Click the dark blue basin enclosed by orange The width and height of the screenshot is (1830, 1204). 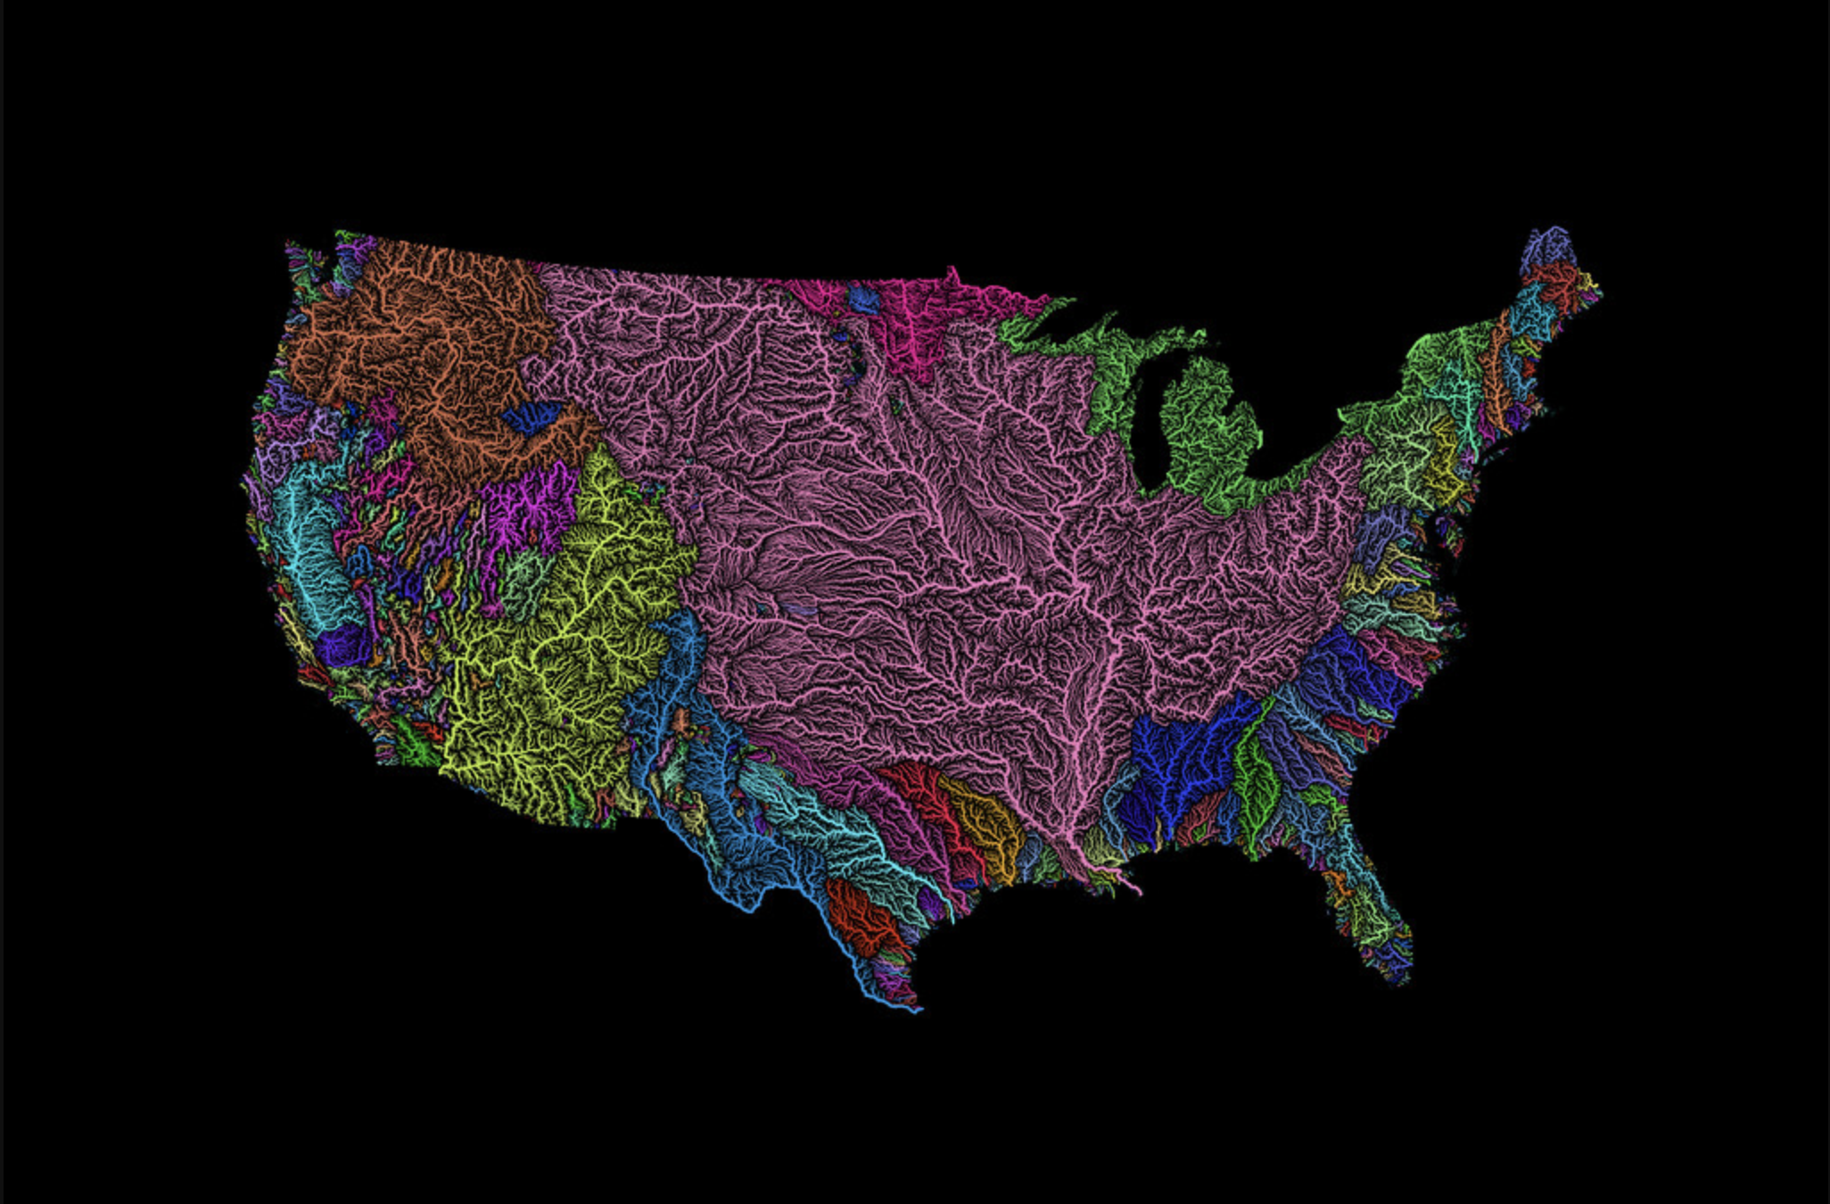coord(532,416)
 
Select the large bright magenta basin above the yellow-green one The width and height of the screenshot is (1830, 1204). coord(526,513)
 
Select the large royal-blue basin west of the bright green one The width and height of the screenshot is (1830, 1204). coord(1177,758)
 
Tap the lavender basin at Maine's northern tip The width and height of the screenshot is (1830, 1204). coord(1550,245)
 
